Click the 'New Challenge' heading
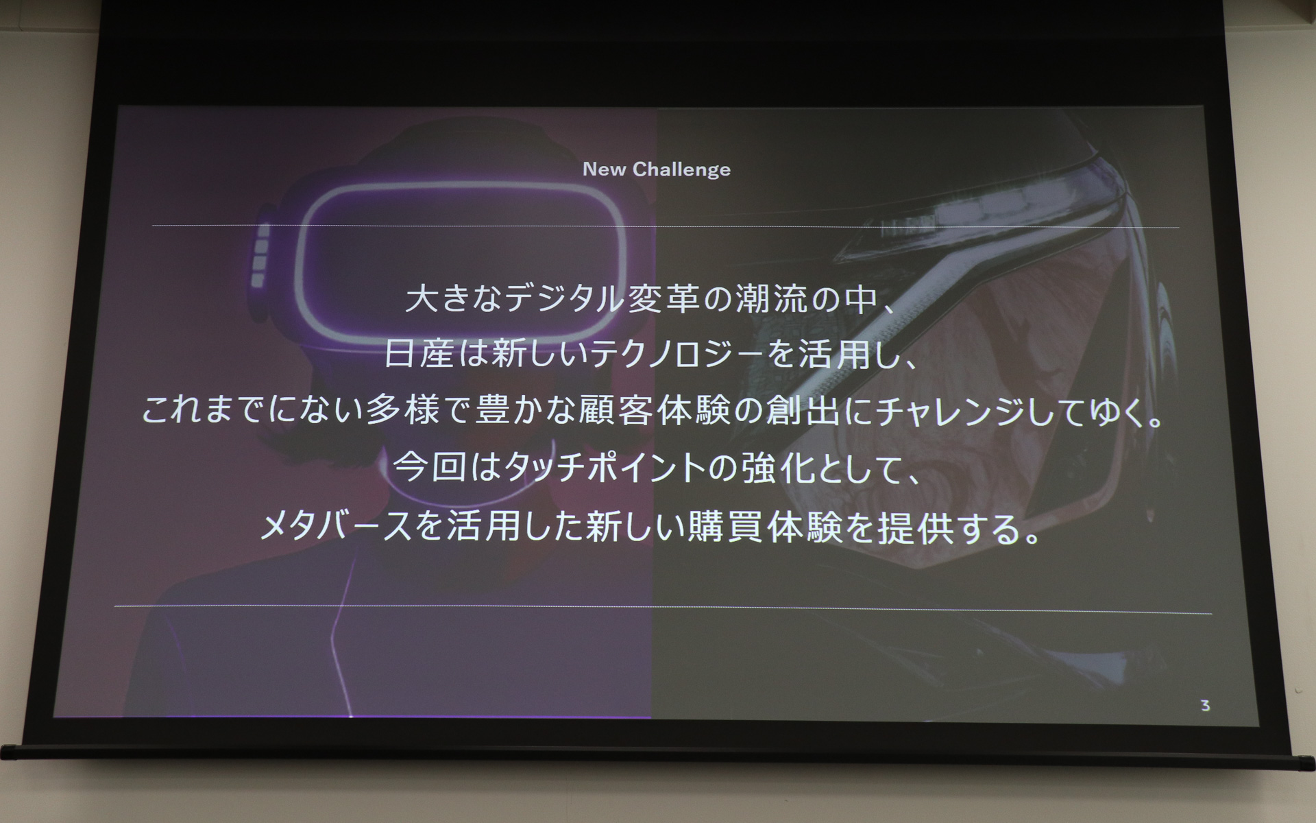pos(656,169)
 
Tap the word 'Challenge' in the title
pos(681,169)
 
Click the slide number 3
pos(1205,706)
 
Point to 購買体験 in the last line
pos(765,527)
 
